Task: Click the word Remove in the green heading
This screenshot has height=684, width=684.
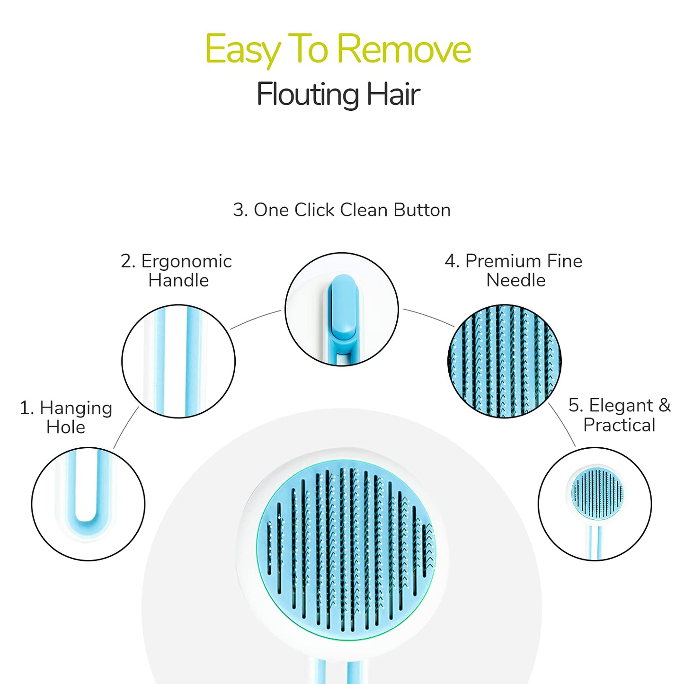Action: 403,49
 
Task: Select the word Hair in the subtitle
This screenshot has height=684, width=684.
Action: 393,94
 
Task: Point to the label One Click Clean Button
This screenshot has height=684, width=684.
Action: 341,210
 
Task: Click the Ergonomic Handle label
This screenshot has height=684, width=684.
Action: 177,270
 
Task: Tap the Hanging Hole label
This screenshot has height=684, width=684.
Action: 66,417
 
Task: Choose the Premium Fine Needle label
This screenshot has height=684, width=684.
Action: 514,270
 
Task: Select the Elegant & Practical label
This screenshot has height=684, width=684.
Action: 619,415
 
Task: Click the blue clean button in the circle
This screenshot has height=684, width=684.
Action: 343,308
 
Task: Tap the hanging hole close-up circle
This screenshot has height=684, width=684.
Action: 88,504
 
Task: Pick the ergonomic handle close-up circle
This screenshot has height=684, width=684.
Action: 178,361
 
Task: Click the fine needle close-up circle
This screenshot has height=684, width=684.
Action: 504,361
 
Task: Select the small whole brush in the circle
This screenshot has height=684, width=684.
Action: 596,497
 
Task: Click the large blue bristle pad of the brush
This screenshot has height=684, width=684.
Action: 346,549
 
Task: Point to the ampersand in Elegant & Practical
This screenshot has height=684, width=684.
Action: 665,405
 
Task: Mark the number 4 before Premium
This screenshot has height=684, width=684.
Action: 451,261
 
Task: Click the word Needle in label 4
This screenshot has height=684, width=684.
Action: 516,280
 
